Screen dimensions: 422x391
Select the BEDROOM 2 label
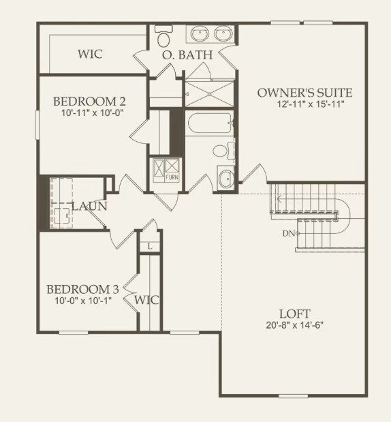pos(89,102)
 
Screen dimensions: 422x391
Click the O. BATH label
pos(188,54)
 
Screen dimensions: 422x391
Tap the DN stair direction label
pos(287,234)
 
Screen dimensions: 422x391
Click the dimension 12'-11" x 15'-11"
pos(300,104)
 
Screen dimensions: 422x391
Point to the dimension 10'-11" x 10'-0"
pos(89,113)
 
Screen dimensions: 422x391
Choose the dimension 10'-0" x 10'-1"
pos(83,300)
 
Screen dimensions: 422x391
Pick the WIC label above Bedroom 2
pos(90,54)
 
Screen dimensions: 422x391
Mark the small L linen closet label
pos(149,246)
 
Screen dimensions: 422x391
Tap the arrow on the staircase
pos(278,200)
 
